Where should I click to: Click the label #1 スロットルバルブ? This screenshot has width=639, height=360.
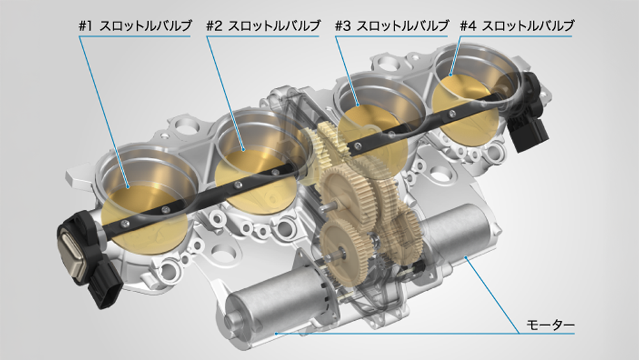[x=135, y=26]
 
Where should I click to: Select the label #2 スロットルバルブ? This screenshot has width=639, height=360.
[x=263, y=26]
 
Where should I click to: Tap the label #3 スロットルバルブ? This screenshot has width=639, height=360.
[x=392, y=26]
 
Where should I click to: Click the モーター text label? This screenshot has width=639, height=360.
[x=550, y=324]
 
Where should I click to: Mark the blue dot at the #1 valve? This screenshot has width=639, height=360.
[x=128, y=187]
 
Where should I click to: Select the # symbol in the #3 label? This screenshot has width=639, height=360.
[x=339, y=26]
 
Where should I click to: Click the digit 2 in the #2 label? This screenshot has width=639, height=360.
[x=220, y=26]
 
